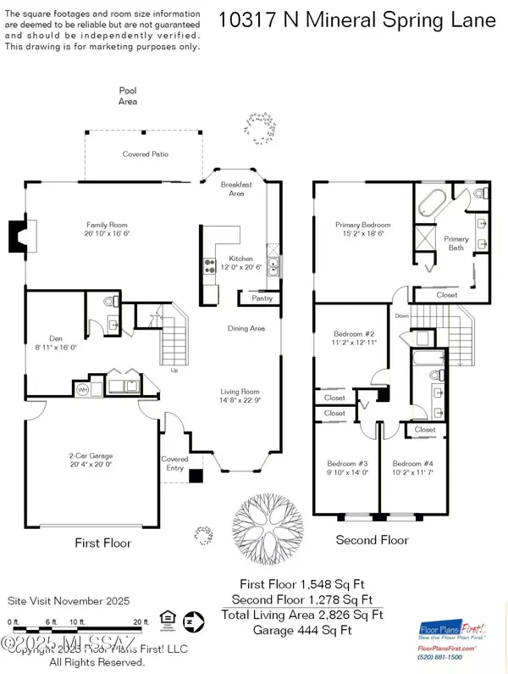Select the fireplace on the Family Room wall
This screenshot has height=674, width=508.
pyautogui.click(x=19, y=233)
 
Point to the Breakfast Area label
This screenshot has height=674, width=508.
pyautogui.click(x=233, y=189)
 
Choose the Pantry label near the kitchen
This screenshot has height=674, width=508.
pyautogui.click(x=254, y=298)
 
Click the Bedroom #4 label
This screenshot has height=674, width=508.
pyautogui.click(x=411, y=463)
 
